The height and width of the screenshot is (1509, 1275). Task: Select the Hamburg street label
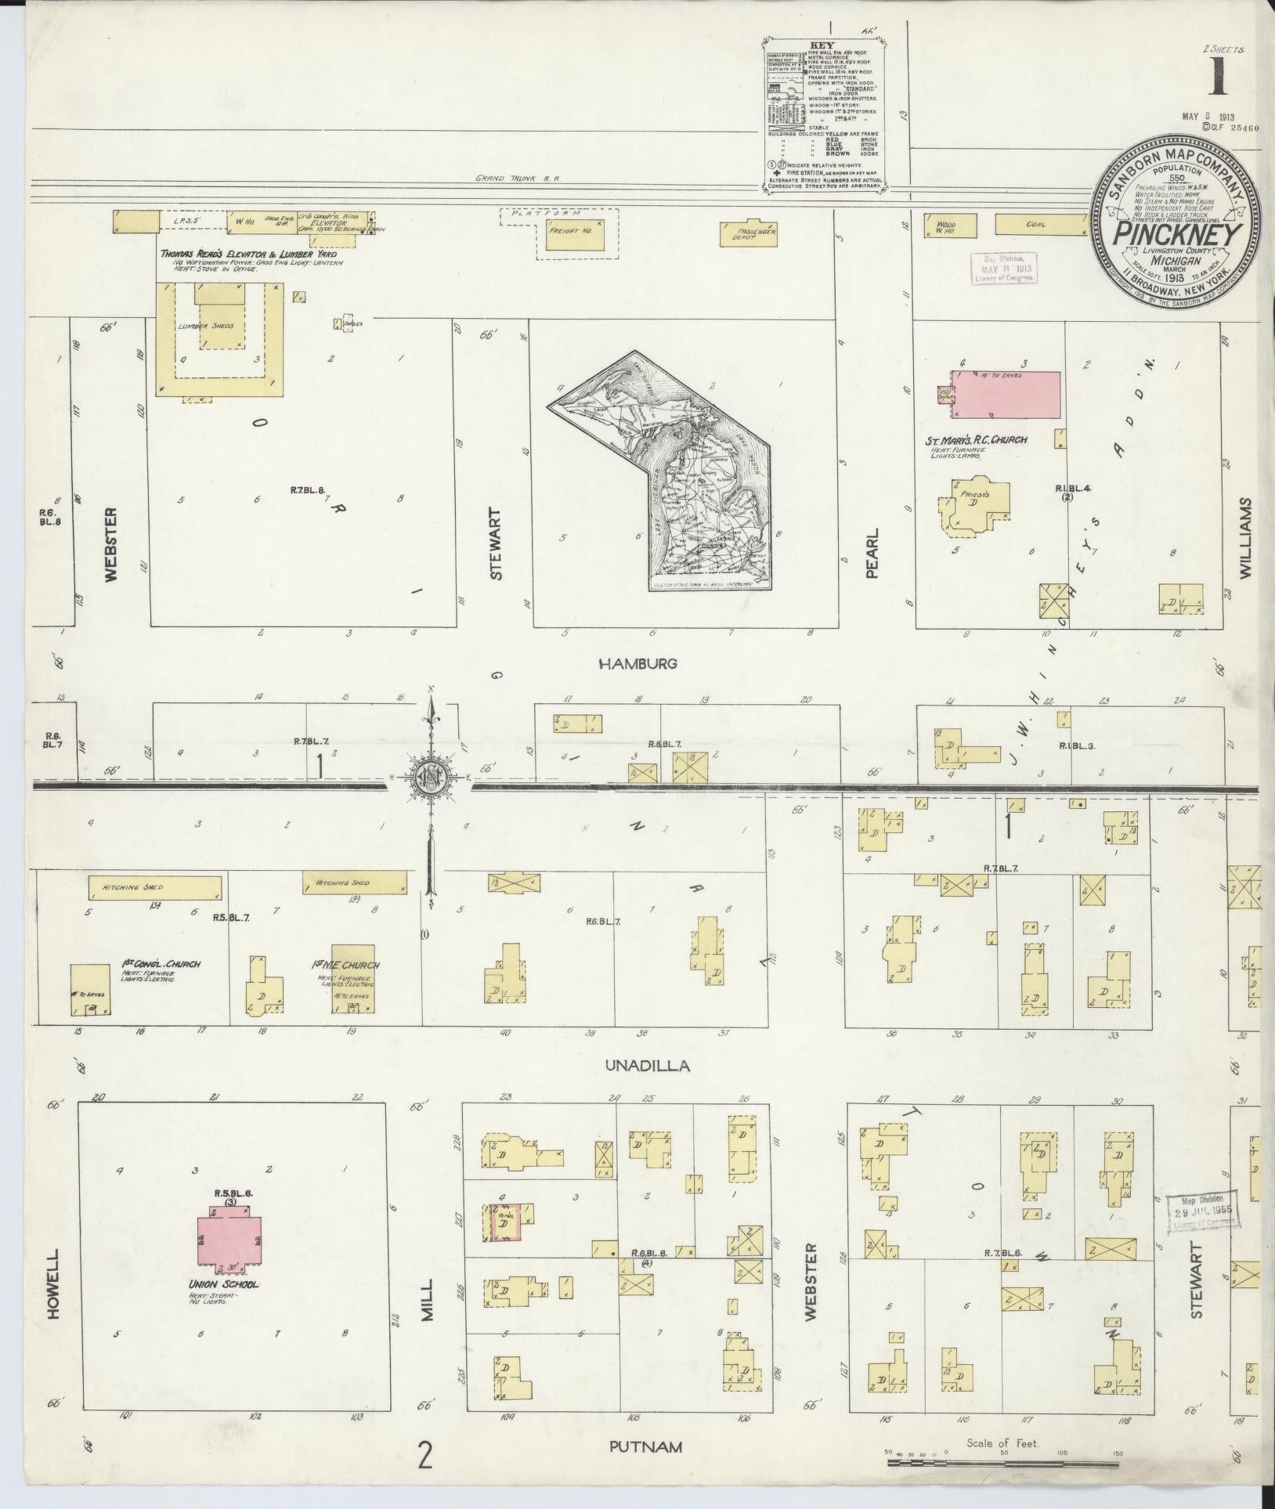tap(637, 664)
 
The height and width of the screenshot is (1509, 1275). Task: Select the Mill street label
tap(427, 1301)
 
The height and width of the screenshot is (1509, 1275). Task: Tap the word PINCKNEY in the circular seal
tap(1181, 233)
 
